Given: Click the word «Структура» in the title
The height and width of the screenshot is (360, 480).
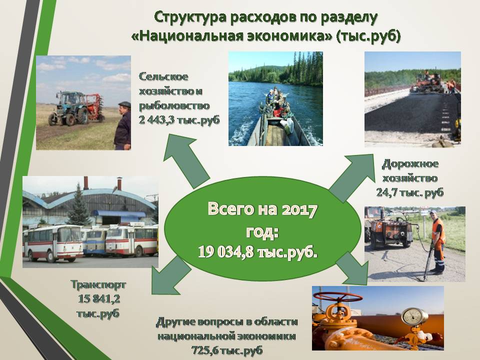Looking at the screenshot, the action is pos(190,17).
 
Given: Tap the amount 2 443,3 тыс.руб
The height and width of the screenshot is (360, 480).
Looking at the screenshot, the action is pos(179,119).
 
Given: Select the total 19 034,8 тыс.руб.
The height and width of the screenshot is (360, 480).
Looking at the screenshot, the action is pos(257,252).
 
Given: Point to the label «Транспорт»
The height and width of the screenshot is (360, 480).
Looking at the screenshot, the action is pos(98,284).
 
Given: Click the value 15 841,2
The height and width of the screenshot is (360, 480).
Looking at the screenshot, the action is pos(98,298).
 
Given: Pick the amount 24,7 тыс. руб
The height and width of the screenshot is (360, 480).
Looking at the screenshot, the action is pos(410,192).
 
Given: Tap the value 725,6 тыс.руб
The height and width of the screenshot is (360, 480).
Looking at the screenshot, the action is pos(227,350).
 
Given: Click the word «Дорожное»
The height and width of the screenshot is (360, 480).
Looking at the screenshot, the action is pos(410,164).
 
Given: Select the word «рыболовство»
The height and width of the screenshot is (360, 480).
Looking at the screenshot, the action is pos(174,105).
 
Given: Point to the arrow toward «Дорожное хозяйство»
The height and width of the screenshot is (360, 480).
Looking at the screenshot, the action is pos(352,177).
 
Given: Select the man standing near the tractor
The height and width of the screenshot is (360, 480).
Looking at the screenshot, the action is pos(123,125).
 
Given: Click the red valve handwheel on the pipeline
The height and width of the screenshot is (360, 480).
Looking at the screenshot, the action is pos(338,296).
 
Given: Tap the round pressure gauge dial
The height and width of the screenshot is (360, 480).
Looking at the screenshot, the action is pos(413,316).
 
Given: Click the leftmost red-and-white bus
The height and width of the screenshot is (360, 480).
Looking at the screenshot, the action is pos(52,243).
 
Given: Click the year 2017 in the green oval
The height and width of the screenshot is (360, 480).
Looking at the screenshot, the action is pos(299,210).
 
